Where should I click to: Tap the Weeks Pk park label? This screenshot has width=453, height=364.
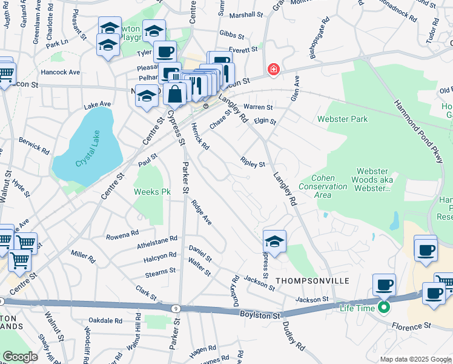click(x=152, y=192)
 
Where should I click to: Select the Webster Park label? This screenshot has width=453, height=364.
click(x=342, y=120)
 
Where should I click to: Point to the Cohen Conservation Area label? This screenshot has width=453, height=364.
click(x=330, y=186)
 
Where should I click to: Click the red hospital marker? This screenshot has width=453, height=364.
click(x=274, y=70)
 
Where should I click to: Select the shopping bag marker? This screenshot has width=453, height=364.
click(x=174, y=95)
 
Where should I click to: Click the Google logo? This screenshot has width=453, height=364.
click(x=20, y=357)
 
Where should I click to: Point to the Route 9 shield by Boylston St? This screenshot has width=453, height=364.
click(x=175, y=309)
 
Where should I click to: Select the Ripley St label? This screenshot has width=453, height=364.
click(x=253, y=163)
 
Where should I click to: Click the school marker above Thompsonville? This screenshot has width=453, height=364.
click(x=274, y=241)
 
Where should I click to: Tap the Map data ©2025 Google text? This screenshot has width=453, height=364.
click(x=415, y=359)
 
